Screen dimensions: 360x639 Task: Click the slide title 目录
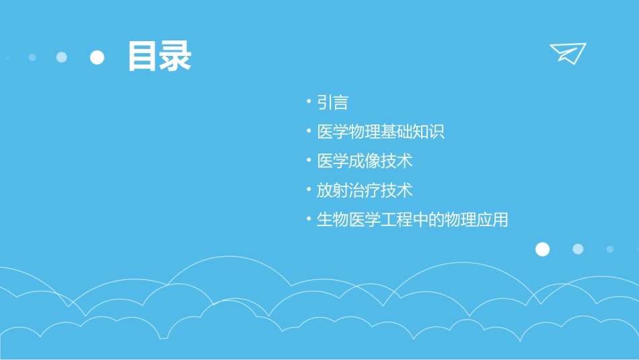click(159, 57)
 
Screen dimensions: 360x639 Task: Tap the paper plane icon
click(568, 52)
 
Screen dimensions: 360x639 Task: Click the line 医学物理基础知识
click(381, 132)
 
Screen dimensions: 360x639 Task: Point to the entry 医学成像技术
click(365, 161)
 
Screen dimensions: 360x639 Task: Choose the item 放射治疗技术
click(365, 190)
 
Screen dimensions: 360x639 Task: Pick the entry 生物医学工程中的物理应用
click(412, 220)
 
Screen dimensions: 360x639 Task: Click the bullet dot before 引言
click(308, 102)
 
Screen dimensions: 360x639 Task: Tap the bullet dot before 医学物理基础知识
click(308, 131)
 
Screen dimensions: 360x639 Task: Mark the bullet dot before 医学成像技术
click(308, 161)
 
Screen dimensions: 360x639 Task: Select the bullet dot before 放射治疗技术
click(308, 190)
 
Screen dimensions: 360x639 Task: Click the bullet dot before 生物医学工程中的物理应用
click(308, 219)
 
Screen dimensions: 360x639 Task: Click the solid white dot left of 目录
click(98, 57)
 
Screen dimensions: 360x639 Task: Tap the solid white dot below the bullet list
click(542, 250)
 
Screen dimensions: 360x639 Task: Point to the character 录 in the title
click(176, 57)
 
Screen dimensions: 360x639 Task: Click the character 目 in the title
click(143, 57)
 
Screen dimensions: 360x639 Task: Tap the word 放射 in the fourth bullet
click(332, 190)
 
